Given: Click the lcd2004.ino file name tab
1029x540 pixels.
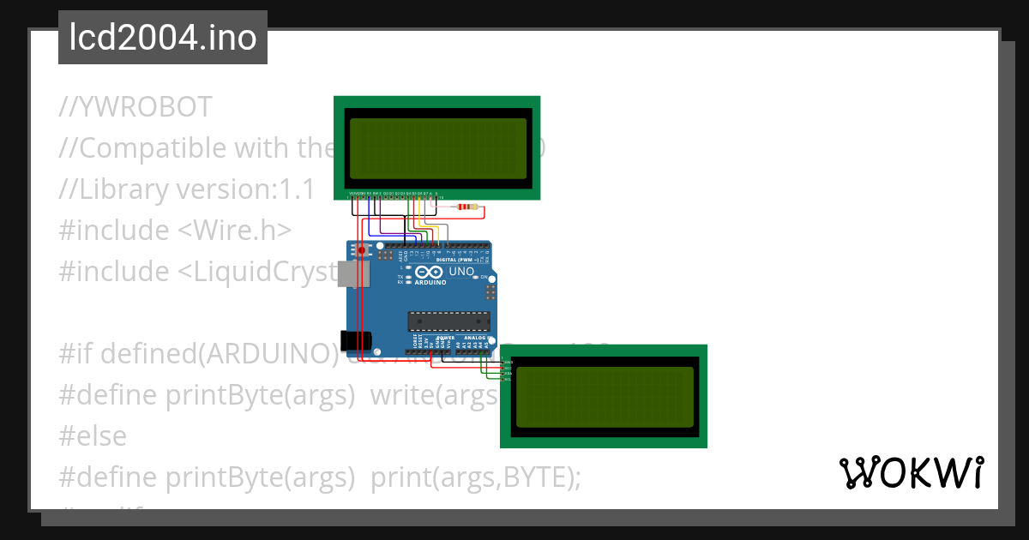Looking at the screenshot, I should point(163,38).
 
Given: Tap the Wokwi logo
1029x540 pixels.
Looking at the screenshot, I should point(911,473).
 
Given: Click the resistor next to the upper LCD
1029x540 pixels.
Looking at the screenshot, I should point(467,207).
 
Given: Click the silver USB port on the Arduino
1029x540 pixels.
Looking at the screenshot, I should point(352,273).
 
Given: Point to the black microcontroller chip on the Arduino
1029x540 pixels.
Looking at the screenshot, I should point(448,321).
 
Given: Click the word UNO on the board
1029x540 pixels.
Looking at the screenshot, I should point(461,272).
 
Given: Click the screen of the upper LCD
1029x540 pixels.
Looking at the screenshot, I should point(436,148).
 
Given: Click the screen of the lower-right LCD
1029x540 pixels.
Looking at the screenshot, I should point(604,397).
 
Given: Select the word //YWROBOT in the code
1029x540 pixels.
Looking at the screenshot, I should point(135,107).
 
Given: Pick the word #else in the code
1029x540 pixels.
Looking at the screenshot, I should point(93,435).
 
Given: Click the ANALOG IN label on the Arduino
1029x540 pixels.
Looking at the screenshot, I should point(473,339).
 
